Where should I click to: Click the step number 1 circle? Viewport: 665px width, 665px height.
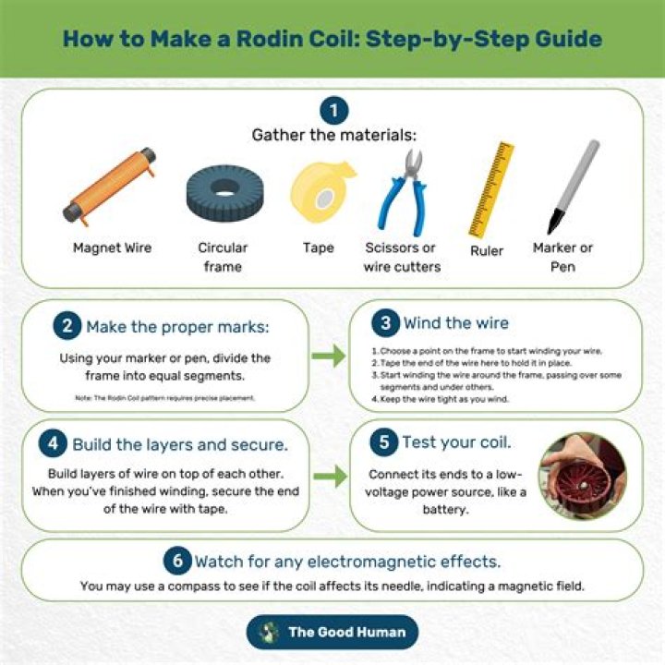coord(333,112)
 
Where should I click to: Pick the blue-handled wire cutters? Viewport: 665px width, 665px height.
coord(403,193)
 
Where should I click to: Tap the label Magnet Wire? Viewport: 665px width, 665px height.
coord(112,248)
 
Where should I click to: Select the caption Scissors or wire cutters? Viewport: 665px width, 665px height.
coord(402,257)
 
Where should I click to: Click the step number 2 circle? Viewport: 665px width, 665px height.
coord(67,326)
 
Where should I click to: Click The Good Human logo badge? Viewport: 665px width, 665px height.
coord(332,632)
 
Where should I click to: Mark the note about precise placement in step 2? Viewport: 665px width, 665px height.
coord(165,397)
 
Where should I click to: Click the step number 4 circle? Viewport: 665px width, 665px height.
coord(54,443)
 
